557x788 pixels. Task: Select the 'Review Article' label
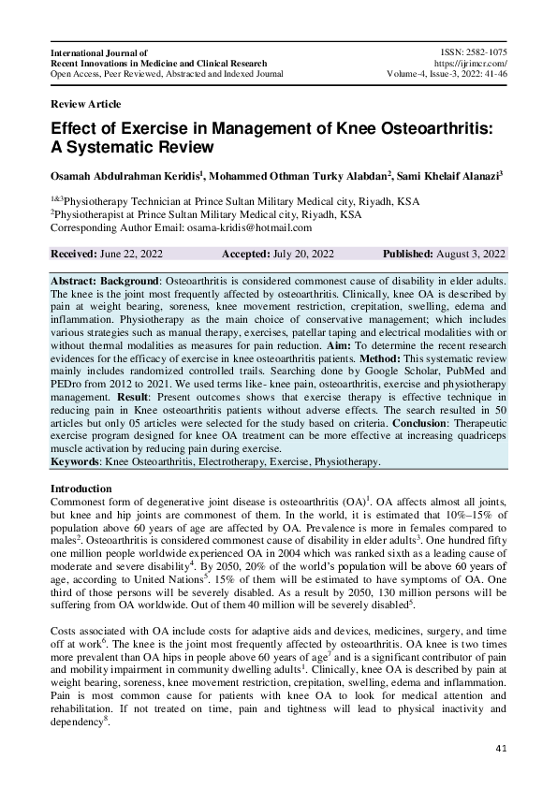pyautogui.click(x=85, y=104)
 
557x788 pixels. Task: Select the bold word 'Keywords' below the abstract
pyautogui.click(x=76, y=462)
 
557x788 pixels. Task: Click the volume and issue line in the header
pyautogui.click(x=447, y=73)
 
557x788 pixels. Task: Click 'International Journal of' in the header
pyautogui.click(x=99, y=52)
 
